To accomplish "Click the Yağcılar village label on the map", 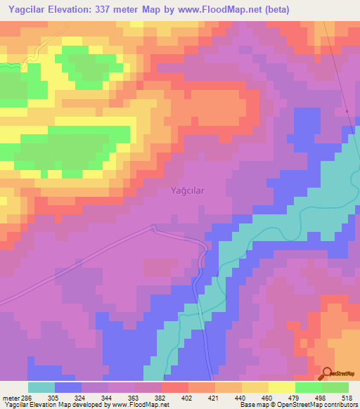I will (188, 190).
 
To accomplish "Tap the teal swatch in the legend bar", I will (41, 387).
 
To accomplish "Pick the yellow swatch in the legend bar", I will (282, 387).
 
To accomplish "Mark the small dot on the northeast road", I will (347, 110).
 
